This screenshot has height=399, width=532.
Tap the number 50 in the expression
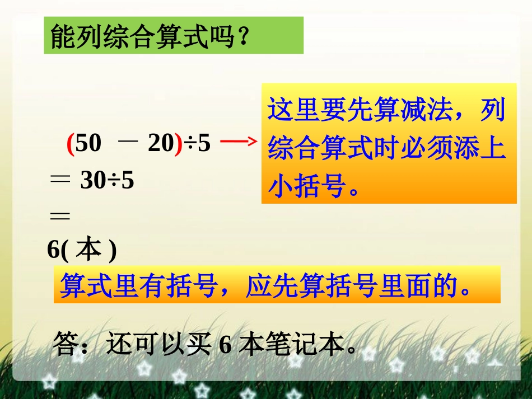[88, 144]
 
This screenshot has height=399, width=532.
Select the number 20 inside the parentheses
[161, 144]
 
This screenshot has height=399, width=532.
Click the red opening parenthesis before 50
[71, 144]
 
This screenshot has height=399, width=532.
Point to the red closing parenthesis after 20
[179, 144]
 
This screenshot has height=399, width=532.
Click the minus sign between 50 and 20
[128, 143]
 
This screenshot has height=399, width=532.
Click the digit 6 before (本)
[53, 250]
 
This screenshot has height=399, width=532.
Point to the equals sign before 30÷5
[60, 180]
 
